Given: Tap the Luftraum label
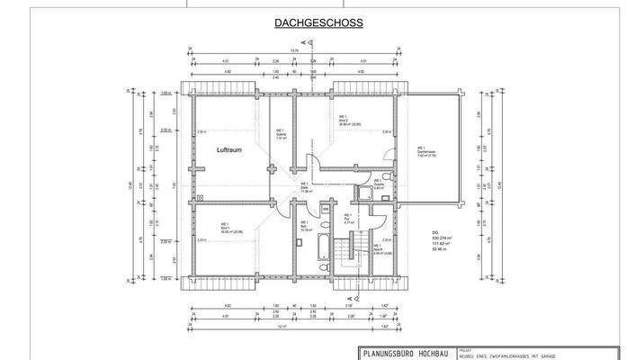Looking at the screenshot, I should click(231, 152).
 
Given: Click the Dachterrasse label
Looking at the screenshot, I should click(426, 151).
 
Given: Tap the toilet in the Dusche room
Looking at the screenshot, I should click(384, 176).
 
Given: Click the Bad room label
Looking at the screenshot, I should click(303, 225).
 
